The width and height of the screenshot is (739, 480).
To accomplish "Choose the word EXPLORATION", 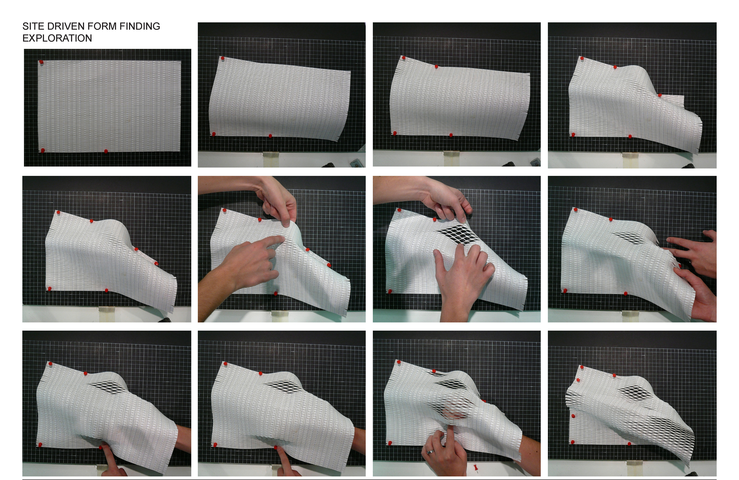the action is (57, 38).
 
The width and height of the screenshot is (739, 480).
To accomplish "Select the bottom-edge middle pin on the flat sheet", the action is (106, 151).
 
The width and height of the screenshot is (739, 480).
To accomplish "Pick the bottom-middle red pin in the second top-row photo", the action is (270, 136).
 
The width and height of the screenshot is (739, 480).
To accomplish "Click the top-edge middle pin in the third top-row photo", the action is (436, 66).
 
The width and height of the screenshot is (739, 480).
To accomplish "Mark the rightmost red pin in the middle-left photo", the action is (156, 263).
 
